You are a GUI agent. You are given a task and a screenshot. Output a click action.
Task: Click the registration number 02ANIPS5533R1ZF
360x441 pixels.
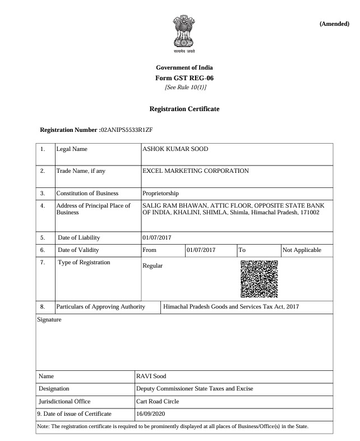[127, 130]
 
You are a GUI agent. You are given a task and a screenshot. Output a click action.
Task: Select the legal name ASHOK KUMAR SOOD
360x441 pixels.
[176, 149]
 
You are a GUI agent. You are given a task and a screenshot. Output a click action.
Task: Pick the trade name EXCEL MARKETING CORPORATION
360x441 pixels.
[196, 171]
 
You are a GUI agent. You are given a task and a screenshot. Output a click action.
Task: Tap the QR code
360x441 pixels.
[259, 279]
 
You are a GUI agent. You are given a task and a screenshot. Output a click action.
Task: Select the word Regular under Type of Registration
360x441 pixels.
[153, 265]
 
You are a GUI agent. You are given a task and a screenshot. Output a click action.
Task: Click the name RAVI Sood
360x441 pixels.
[152, 375]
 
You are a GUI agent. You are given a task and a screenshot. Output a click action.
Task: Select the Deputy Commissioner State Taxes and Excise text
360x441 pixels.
[195, 388]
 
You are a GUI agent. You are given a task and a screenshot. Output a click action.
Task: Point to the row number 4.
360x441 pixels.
[43, 206]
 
